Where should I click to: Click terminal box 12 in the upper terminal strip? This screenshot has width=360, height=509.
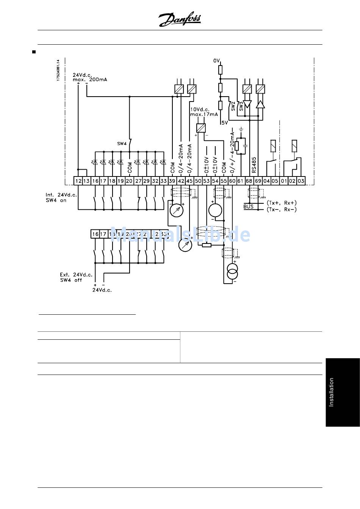click(x=78, y=181)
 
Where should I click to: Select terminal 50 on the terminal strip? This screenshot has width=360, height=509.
click(x=198, y=181)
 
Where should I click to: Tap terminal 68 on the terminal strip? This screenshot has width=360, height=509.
click(x=249, y=181)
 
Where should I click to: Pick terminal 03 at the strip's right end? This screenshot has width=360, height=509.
click(x=301, y=181)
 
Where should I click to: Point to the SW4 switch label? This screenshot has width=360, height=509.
click(x=122, y=144)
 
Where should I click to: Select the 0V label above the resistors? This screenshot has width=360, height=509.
click(x=216, y=61)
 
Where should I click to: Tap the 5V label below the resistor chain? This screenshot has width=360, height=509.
click(x=224, y=122)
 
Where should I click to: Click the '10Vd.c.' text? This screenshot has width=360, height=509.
click(x=200, y=109)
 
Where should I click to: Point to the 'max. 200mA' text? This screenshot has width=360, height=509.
click(x=90, y=80)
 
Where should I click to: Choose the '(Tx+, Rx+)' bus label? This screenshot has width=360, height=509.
click(x=282, y=203)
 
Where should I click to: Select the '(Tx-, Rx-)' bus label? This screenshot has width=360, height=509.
click(x=282, y=209)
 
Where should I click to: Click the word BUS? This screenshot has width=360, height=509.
click(x=249, y=207)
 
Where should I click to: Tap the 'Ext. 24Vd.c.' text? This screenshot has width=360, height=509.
click(x=76, y=275)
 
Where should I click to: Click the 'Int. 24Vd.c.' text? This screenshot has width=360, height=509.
click(x=61, y=195)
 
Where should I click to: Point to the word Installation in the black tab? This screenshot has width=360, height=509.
click(x=331, y=392)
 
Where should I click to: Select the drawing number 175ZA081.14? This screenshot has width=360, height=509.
click(x=58, y=70)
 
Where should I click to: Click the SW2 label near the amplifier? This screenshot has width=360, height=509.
click(x=233, y=106)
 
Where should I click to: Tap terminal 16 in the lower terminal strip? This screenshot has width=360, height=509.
click(x=95, y=234)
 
